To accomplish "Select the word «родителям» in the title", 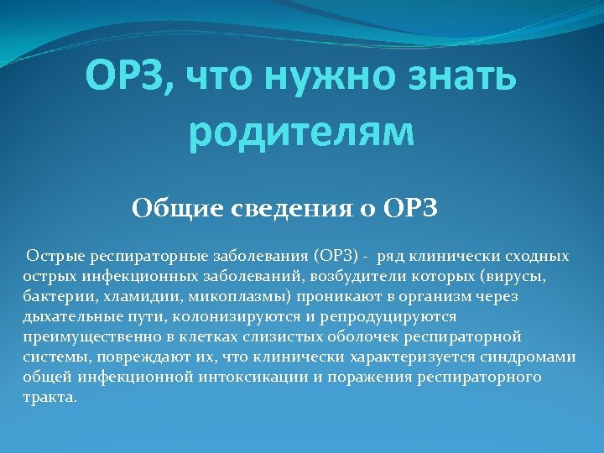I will click(302, 133).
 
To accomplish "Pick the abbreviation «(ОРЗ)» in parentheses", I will click(339, 256).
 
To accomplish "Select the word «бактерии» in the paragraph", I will click(53, 296).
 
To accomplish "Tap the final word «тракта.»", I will click(49, 397).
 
